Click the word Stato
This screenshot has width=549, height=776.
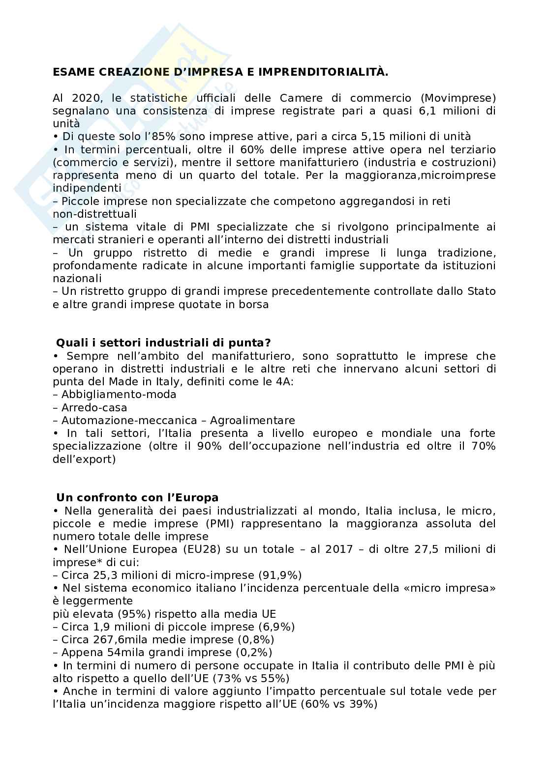pos(481,291)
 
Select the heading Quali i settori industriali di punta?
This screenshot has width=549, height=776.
pos(163,343)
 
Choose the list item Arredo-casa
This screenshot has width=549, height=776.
pos(94,407)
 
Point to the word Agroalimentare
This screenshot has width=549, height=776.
pos(252,420)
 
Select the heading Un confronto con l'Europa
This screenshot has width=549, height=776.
pos(137,497)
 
